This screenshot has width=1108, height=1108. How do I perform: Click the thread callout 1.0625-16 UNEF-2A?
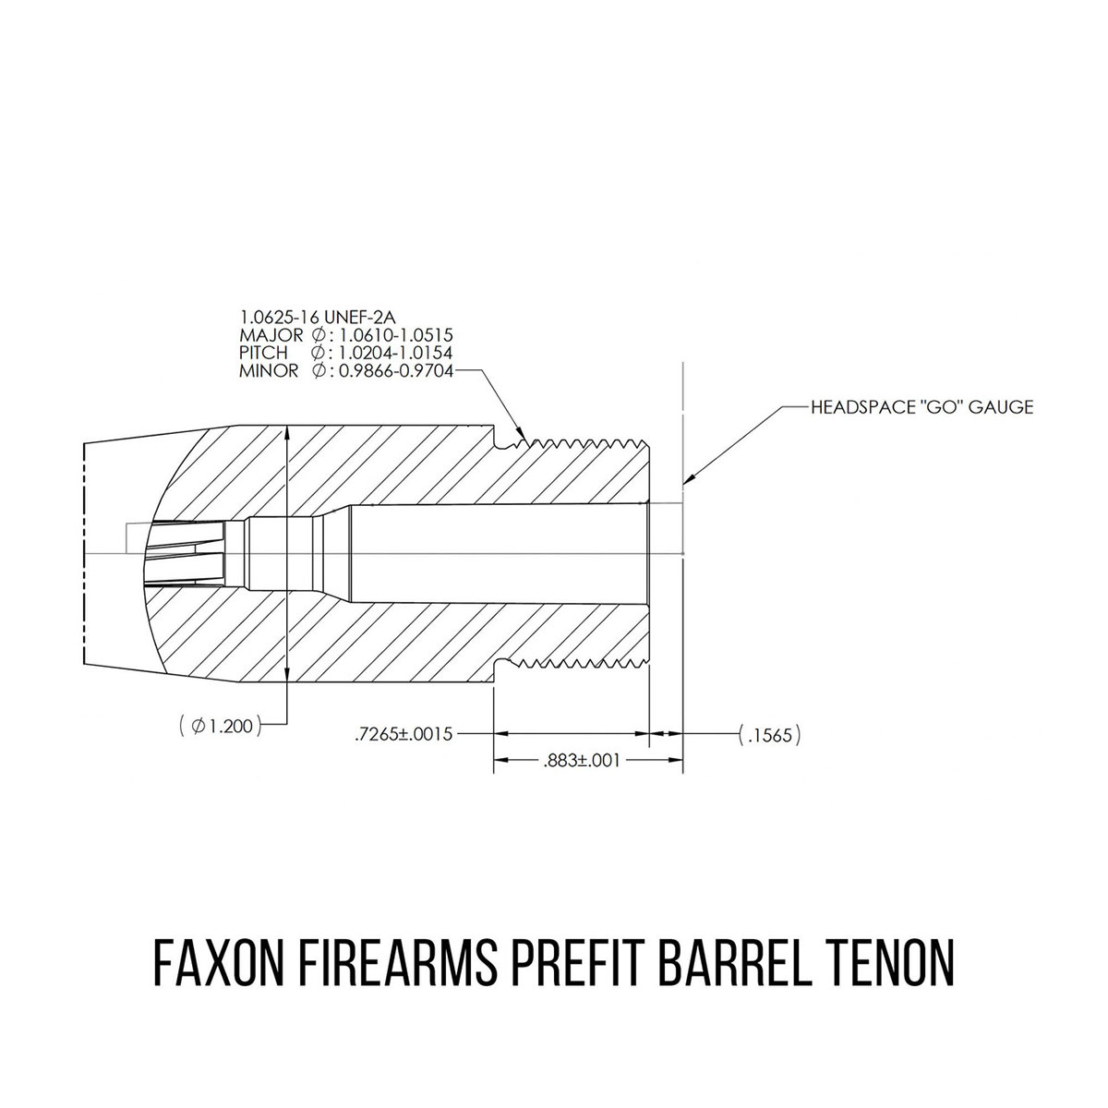pyautogui.click(x=318, y=317)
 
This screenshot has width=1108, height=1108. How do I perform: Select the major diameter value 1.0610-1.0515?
pyautogui.click(x=396, y=334)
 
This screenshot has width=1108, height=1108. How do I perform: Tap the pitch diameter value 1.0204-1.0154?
pyautogui.click(x=396, y=353)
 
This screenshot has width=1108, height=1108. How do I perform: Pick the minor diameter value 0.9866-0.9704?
pyautogui.click(x=396, y=371)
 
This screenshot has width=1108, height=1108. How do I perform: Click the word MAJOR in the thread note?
pyautogui.click(x=271, y=334)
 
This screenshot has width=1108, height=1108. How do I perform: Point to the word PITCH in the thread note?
pyautogui.click(x=263, y=353)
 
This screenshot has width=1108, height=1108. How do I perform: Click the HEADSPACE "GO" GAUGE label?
pyautogui.click(x=921, y=407)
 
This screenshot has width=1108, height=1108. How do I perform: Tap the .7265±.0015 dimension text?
pyautogui.click(x=403, y=734)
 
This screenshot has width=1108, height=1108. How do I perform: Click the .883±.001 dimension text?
pyautogui.click(x=582, y=761)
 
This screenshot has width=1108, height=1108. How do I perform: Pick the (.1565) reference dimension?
pyautogui.click(x=770, y=735)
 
